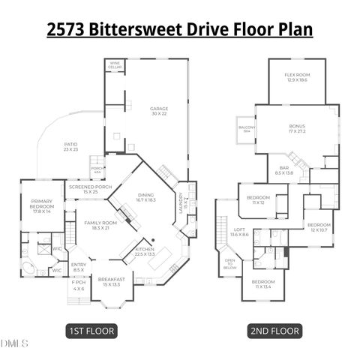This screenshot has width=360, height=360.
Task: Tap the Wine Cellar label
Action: [x=115, y=64]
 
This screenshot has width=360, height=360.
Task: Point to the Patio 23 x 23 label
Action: [x=71, y=148]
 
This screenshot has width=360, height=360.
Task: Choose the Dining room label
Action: [x=146, y=198]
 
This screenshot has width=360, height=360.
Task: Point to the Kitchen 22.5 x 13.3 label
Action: [x=145, y=251]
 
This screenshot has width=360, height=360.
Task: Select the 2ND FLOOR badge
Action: [x=274, y=330]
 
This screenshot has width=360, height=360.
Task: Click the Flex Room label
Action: [x=297, y=78]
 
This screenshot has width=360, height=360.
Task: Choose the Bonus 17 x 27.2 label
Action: [x=297, y=129]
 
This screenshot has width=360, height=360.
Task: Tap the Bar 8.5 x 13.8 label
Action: [x=284, y=171]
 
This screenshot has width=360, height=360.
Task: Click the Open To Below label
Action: [x=229, y=265]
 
